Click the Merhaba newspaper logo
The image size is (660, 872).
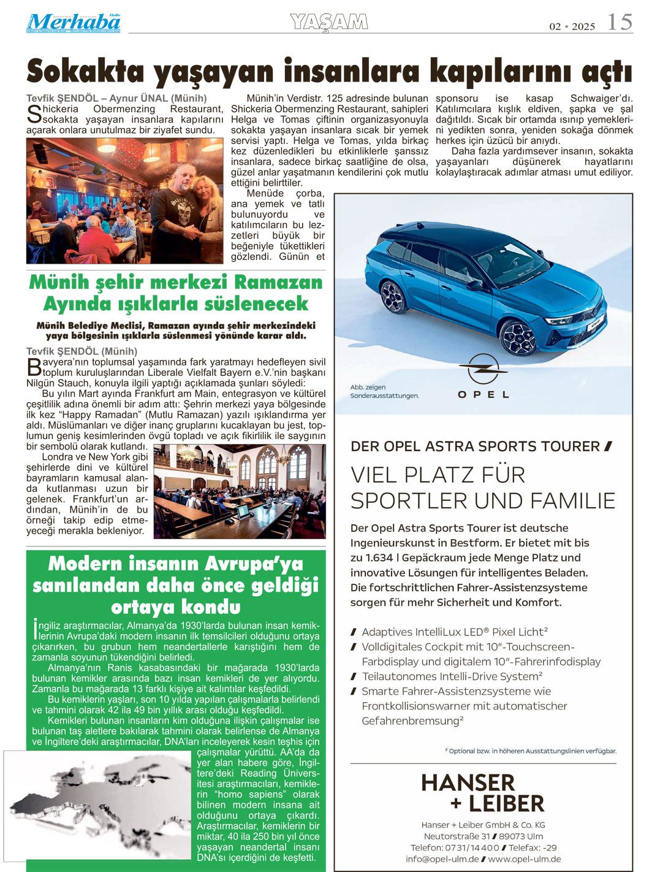point(74,23)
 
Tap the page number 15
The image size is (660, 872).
point(619,22)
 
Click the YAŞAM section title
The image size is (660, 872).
point(329,22)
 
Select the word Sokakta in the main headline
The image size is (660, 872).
point(86,72)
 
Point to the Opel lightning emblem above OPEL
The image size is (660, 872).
point(483,370)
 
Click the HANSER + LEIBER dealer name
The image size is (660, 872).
point(483,793)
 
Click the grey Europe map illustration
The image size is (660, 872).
point(98,803)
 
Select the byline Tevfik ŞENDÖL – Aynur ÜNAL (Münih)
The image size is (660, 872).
point(116,98)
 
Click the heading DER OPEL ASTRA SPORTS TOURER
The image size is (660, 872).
point(475,446)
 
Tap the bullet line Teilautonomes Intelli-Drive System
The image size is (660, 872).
point(452,676)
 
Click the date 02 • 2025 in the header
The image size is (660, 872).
point(572,26)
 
